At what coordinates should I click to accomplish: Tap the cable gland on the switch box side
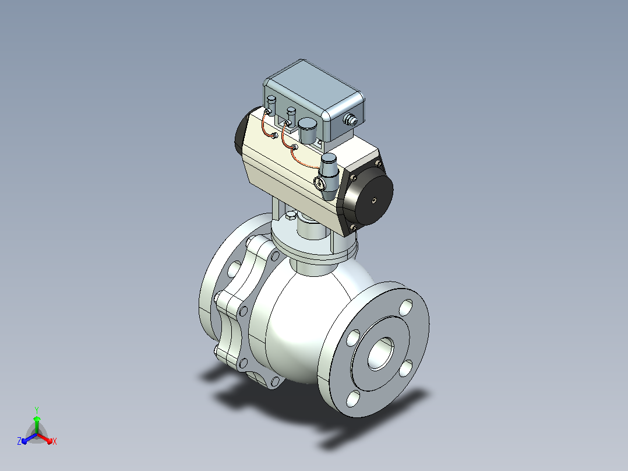click(351, 119)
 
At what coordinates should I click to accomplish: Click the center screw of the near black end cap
click(373, 200)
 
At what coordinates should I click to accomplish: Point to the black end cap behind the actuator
click(242, 130)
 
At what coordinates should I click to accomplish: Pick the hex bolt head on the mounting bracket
click(291, 217)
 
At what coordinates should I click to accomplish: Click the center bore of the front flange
click(380, 353)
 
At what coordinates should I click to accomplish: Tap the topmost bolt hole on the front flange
click(405, 307)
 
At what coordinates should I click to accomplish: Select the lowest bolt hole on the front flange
click(353, 399)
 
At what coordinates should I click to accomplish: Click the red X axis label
click(55, 441)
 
